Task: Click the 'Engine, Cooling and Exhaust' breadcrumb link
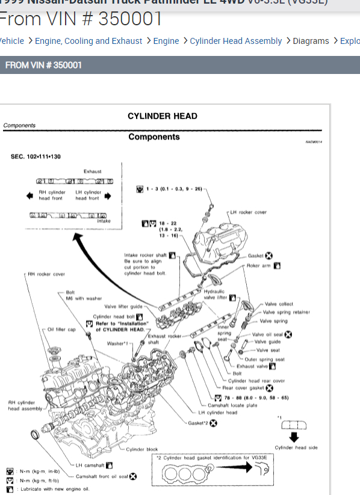(88, 41)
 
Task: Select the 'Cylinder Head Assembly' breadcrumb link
(235, 41)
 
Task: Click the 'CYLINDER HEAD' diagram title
(162, 116)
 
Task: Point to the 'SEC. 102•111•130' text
(36, 156)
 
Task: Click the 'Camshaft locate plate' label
(232, 405)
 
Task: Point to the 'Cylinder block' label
(142, 449)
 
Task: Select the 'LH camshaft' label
(90, 465)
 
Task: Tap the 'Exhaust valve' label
(253, 366)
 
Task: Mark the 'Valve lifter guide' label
(123, 306)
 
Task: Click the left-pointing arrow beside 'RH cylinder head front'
(29, 195)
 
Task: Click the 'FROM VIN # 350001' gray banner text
(43, 65)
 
